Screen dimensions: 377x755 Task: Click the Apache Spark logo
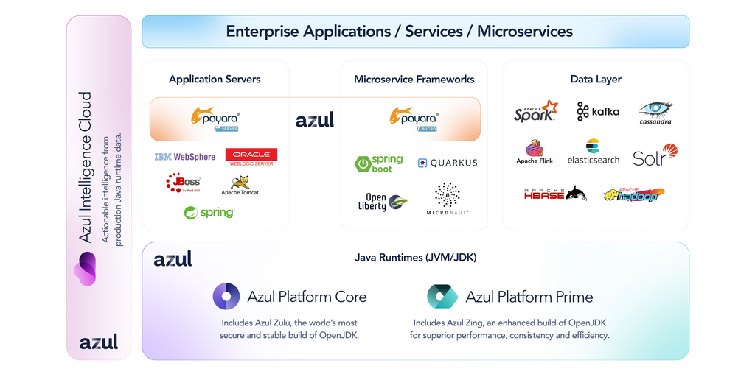(535, 112)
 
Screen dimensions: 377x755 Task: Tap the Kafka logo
(598, 111)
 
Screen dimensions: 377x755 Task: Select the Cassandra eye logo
(655, 112)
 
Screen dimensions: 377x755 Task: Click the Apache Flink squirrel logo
(535, 152)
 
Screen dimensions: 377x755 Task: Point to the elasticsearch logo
(593, 152)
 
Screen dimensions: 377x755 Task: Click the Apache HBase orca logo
(555, 194)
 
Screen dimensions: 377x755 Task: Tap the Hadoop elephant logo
(634, 194)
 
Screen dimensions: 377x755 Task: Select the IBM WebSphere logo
(185, 157)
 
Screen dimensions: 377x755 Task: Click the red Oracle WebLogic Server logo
(251, 157)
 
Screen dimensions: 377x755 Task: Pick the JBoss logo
(183, 182)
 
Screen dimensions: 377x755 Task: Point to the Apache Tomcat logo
(240, 184)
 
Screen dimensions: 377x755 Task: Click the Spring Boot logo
(379, 163)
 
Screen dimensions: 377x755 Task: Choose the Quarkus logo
(448, 163)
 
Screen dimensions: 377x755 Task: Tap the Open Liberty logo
(386, 202)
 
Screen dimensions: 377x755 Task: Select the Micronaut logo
(448, 199)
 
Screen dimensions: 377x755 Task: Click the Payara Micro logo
(414, 118)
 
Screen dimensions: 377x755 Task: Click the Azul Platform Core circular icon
(226, 297)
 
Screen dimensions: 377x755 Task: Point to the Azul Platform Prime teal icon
(442, 297)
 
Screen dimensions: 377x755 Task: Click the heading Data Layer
(596, 79)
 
